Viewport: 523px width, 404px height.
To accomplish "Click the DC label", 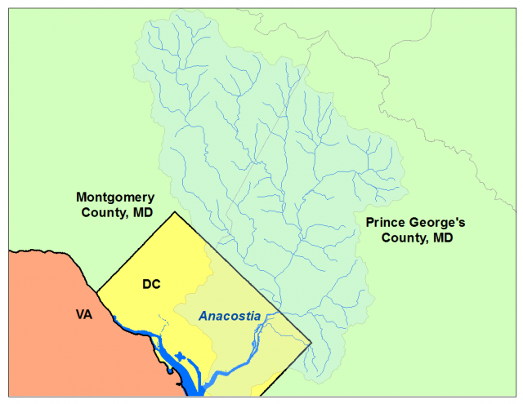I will [151, 284].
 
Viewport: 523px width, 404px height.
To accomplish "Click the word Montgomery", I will [115, 197].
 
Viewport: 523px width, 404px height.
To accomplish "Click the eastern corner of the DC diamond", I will [312, 343].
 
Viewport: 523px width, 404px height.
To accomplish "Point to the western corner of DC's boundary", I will [97, 291].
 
